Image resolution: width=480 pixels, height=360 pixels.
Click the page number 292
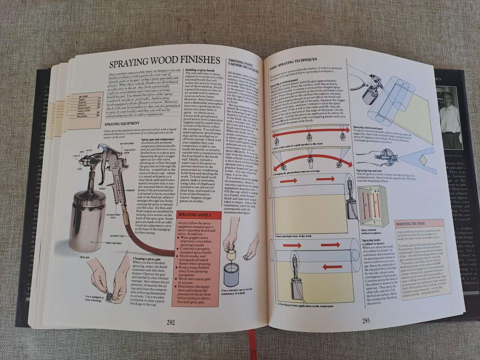click(171, 323)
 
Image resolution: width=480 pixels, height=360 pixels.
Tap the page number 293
click(366, 320)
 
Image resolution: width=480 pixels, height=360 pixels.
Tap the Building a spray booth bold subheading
click(202, 70)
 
